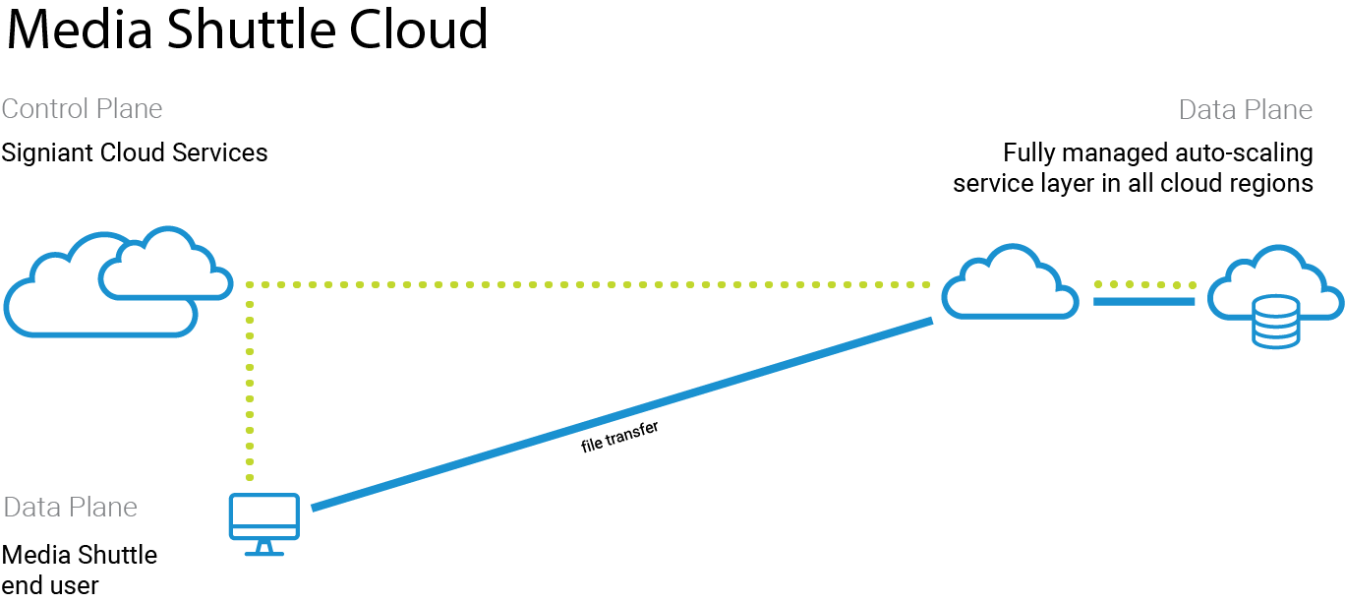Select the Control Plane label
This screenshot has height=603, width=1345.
click(82, 108)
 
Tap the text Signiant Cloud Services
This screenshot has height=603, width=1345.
click(135, 153)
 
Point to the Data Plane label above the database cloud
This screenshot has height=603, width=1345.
click(1246, 109)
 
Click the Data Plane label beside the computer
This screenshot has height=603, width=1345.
click(70, 508)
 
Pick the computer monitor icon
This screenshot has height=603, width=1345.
click(263, 516)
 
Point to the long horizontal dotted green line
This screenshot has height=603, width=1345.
click(590, 284)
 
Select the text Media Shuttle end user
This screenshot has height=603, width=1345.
click(79, 571)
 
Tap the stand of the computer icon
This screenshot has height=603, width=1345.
click(263, 549)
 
